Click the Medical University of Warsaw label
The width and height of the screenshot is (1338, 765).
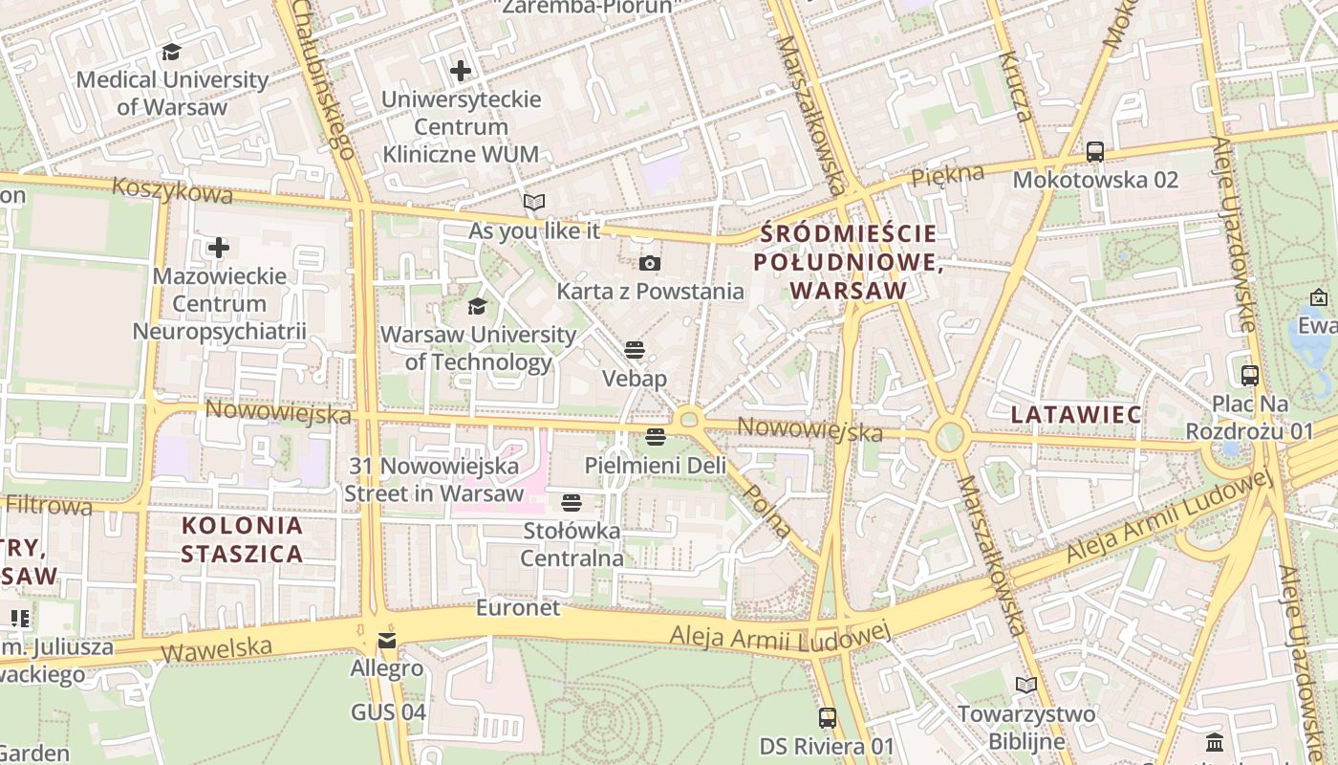(x=172, y=93)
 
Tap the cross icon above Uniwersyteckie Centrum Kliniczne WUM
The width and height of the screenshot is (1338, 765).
(x=461, y=71)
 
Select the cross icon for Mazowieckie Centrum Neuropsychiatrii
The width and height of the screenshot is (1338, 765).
(x=219, y=249)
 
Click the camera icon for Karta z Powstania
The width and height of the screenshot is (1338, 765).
(x=650, y=263)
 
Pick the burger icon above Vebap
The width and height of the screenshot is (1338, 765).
(x=635, y=350)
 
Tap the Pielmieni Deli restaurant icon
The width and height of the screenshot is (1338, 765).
(x=655, y=437)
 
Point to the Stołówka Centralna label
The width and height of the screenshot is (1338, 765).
(x=572, y=544)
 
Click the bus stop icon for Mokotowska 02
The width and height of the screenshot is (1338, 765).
(x=1095, y=152)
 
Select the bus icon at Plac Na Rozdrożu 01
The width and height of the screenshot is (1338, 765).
(x=1249, y=376)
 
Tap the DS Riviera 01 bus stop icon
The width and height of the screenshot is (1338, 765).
(x=828, y=717)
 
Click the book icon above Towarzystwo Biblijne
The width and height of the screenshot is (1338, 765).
(x=1025, y=686)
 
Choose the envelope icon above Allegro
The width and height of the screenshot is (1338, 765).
(x=386, y=640)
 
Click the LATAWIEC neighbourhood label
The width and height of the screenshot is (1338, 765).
(x=1076, y=415)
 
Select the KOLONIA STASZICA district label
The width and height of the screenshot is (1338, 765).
(x=242, y=539)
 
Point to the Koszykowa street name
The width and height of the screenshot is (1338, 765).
(x=172, y=190)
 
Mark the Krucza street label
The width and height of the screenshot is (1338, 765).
(x=1015, y=87)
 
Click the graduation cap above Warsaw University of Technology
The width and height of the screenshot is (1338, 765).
(x=477, y=307)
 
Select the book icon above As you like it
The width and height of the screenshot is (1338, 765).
(x=533, y=203)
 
